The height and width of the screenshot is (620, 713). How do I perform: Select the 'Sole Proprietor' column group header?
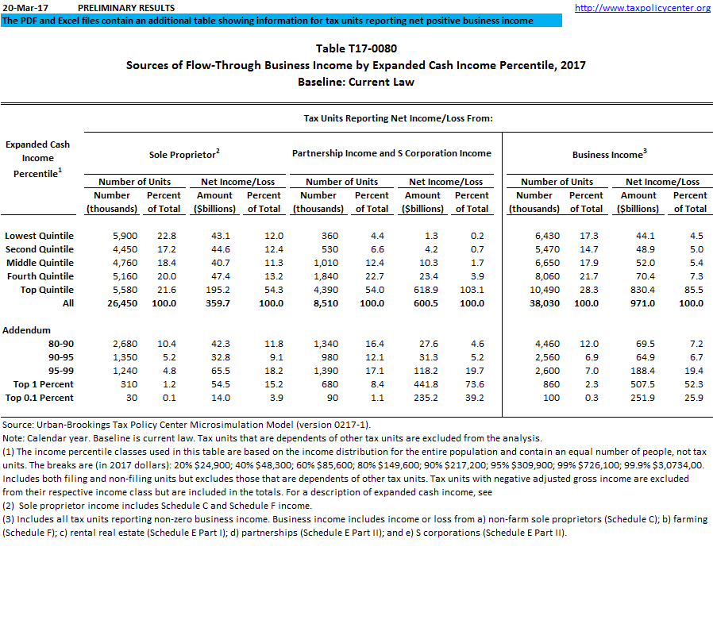point(184,154)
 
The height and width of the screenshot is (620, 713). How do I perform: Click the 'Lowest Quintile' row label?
point(39,236)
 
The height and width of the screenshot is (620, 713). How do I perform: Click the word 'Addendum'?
point(27,330)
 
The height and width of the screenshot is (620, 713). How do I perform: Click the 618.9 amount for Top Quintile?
point(422,290)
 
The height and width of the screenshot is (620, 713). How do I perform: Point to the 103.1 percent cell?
point(472,290)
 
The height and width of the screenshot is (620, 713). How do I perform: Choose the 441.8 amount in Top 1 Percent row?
point(422,384)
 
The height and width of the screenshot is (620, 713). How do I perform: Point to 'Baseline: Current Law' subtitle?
point(356,82)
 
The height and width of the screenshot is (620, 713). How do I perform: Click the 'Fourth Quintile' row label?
point(40,276)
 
